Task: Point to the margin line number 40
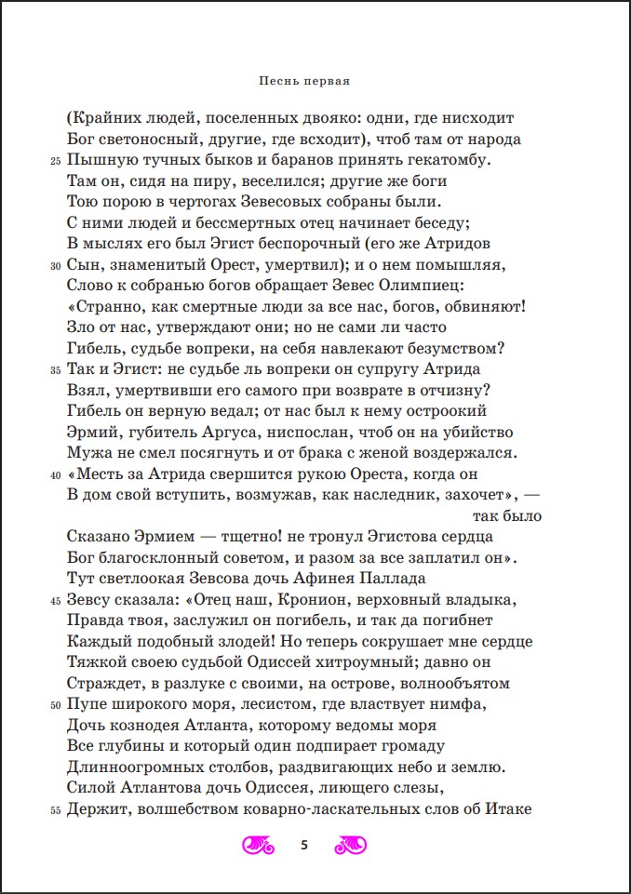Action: pos(55,475)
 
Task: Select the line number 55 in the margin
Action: pos(55,810)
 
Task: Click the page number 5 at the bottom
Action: pos(303,845)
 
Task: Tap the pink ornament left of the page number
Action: pos(259,845)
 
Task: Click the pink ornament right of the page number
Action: pos(349,845)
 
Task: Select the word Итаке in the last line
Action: pos(506,809)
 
